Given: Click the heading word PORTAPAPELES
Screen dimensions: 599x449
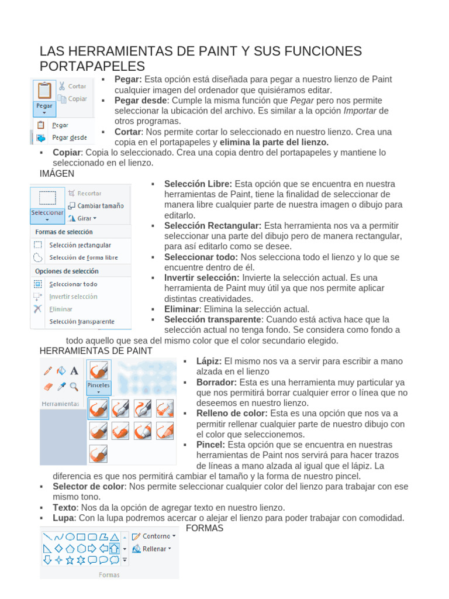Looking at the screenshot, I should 92,66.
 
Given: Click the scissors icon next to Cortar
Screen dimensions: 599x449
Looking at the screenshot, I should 61,86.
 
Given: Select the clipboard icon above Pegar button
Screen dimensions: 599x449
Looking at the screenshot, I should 44,90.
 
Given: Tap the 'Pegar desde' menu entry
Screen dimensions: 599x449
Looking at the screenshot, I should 69,138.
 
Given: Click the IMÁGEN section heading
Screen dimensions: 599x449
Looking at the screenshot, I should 57,174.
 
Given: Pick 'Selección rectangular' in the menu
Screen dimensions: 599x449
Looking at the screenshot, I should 80,245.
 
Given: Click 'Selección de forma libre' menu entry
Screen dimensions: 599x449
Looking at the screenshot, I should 83,257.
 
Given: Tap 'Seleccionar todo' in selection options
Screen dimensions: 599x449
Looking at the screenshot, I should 73,284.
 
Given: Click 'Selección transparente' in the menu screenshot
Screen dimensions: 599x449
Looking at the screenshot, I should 82,321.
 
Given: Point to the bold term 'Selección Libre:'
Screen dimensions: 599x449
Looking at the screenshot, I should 198,184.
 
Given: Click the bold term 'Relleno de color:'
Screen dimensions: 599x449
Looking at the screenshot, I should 232,413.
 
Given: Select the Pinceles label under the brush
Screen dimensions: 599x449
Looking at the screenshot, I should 99,386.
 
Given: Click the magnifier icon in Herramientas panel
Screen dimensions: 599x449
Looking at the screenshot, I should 74,386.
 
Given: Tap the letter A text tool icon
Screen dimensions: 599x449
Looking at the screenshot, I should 74,370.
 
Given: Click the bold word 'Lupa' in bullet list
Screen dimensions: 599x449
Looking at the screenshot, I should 64,518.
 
